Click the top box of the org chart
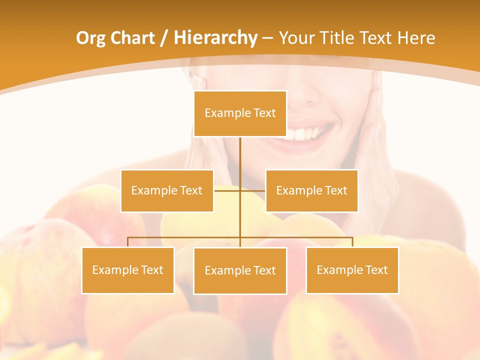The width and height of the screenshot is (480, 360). point(240,113)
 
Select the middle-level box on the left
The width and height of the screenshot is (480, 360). point(167,190)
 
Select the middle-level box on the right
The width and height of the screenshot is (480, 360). point(311,190)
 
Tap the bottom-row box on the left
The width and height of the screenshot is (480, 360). point(128,270)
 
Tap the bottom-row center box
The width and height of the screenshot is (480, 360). point(240,270)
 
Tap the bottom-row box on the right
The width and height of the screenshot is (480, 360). point(352,270)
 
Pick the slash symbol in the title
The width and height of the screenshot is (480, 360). point(163,38)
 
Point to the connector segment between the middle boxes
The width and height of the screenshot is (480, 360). point(240,190)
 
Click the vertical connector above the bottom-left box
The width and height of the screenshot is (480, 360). point(128,242)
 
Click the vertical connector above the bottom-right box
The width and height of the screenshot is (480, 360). point(352,242)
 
